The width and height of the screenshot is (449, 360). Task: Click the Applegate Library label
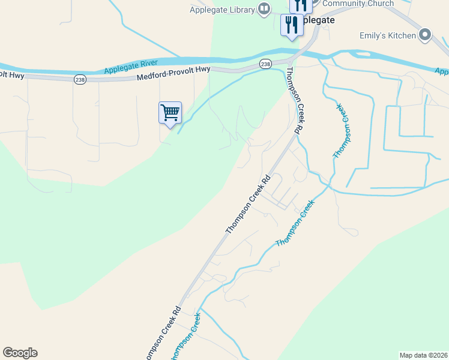[223, 9]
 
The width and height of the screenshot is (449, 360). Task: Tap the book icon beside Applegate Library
[264, 8]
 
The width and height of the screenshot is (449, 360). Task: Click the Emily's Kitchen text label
[387, 35]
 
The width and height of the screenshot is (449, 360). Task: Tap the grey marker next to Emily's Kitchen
[426, 35]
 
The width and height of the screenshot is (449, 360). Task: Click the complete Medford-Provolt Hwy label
[173, 73]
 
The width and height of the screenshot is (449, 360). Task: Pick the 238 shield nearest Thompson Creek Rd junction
[266, 64]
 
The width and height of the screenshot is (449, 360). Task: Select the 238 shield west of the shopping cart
[80, 79]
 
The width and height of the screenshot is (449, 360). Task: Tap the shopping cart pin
[170, 113]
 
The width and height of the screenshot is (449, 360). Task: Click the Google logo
[20, 353]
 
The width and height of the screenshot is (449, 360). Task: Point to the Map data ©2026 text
[424, 355]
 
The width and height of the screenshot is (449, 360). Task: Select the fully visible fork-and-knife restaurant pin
[292, 26]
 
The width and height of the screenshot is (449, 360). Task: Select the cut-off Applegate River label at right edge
[442, 72]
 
